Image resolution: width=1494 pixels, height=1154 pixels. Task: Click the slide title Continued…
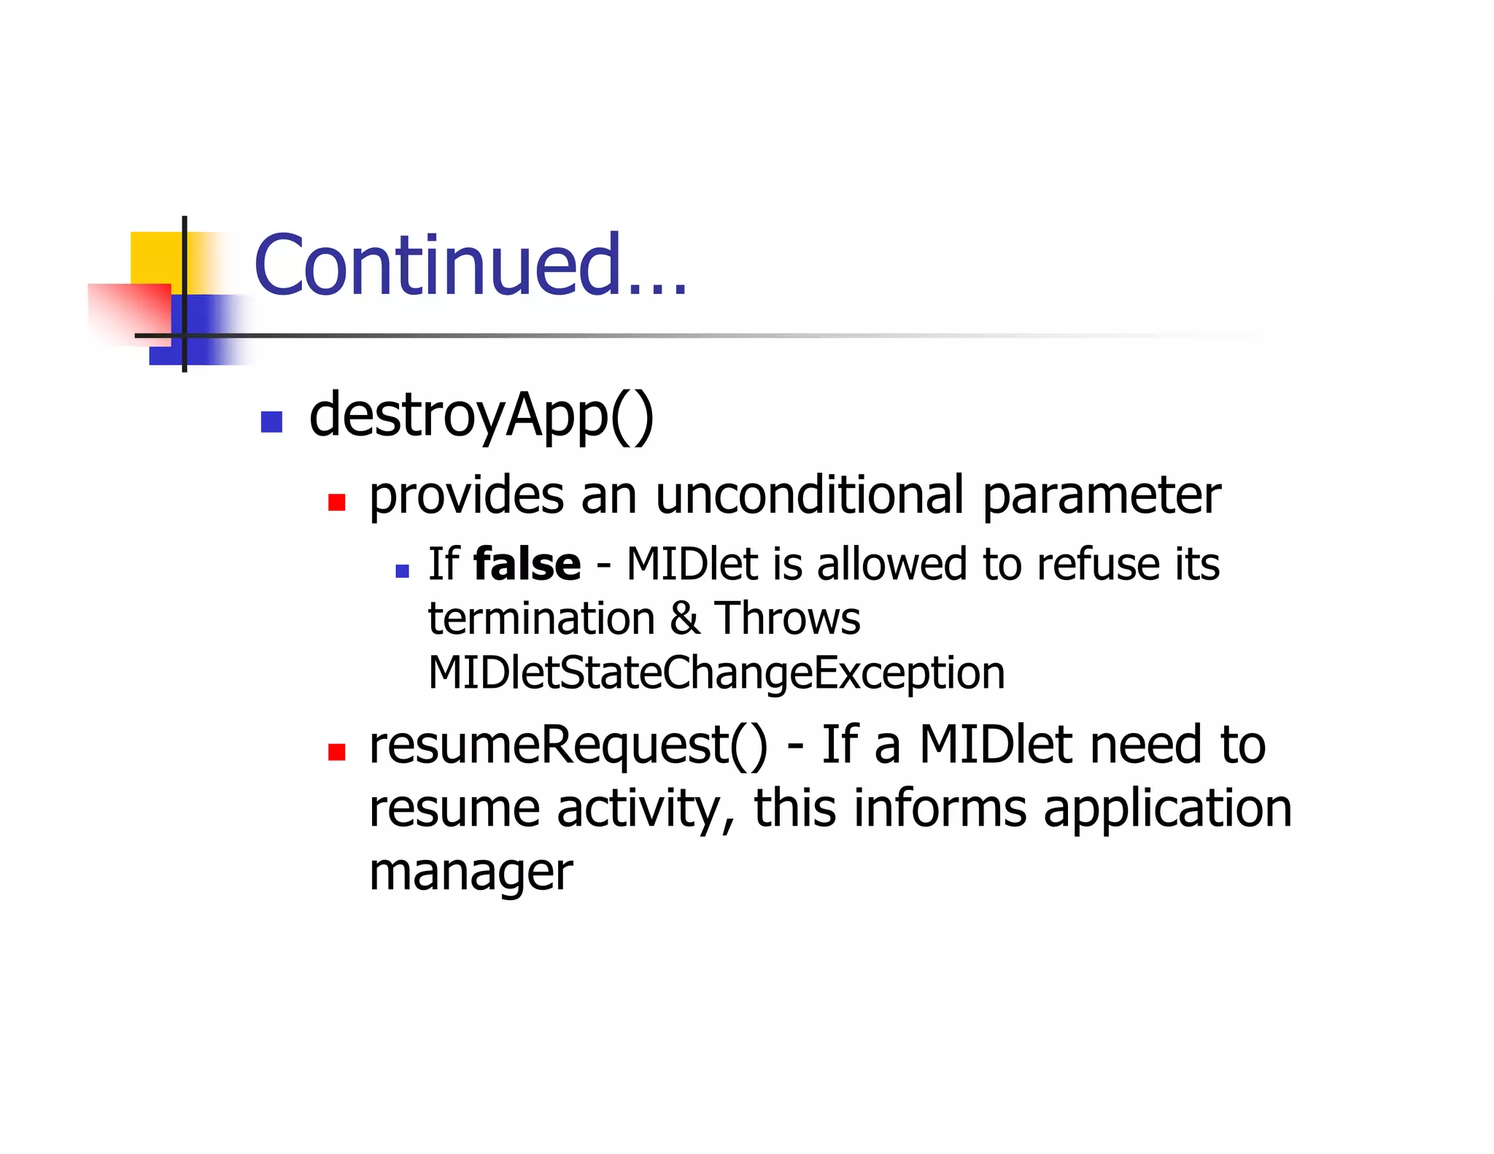471,266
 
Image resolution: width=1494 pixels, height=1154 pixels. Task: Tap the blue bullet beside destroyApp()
271,422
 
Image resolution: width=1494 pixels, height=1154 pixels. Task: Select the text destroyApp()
481,416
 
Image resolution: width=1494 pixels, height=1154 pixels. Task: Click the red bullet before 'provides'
336,502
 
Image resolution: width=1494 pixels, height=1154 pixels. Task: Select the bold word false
527,564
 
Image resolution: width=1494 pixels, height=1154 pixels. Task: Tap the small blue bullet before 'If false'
402,571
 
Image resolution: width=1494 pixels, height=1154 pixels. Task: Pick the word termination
541,619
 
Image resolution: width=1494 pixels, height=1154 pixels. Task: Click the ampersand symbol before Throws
684,619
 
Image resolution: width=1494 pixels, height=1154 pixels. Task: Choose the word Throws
787,619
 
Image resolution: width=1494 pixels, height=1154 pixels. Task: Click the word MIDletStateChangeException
716,673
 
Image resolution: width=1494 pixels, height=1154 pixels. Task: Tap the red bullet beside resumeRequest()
336,752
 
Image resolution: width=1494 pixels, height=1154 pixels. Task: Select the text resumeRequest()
568,746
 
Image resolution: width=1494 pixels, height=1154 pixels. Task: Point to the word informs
940,808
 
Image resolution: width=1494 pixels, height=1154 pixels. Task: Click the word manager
471,872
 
